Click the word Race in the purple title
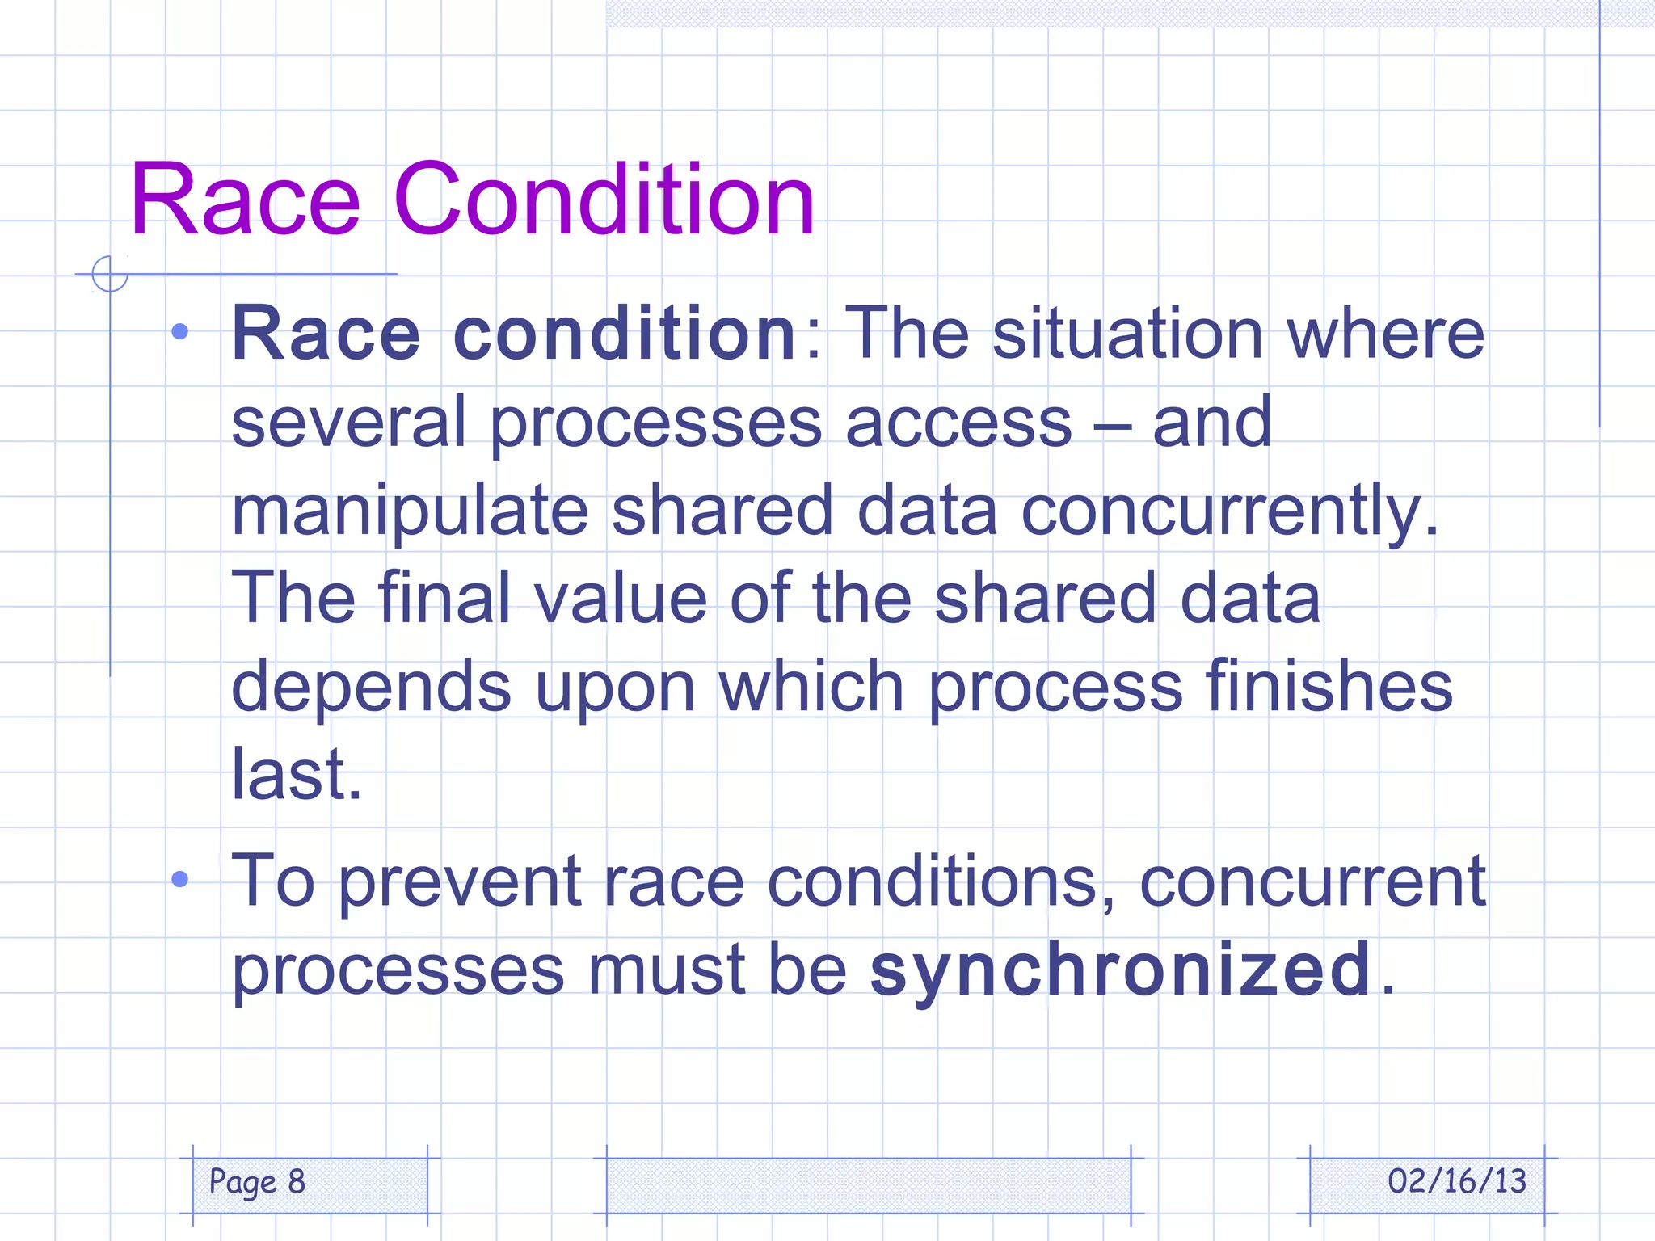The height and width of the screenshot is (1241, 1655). [244, 200]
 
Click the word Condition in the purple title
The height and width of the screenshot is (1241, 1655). [604, 200]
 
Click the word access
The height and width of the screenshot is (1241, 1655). [958, 423]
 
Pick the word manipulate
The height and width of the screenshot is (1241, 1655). [410, 511]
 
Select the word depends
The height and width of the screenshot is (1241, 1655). [371, 687]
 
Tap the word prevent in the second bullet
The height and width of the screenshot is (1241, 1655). [458, 882]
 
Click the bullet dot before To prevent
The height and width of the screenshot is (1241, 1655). [180, 879]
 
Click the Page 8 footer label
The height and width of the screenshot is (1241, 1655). [257, 1182]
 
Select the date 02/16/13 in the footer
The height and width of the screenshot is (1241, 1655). [1457, 1181]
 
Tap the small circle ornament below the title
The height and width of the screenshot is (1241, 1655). [110, 274]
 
